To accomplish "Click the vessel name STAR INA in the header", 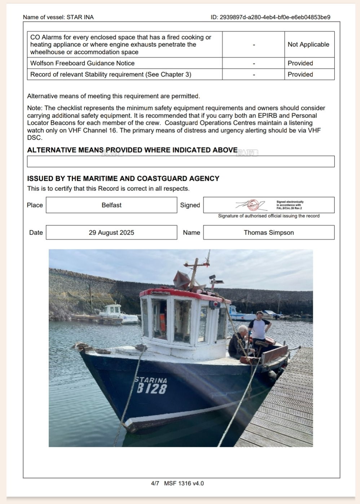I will tap(80, 17).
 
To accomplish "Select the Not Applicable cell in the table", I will tap(308, 44).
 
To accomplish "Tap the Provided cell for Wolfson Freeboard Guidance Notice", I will tap(300, 63).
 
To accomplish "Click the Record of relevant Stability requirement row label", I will tap(111, 74).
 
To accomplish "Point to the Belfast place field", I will tap(111, 205).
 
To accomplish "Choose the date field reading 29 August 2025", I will tap(111, 233).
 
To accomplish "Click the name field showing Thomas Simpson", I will tap(269, 233).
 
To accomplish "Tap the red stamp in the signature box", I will tap(253, 205).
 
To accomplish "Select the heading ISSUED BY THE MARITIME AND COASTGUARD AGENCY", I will tap(123, 179).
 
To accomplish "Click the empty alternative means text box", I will tap(181, 161).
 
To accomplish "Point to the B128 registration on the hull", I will tap(152, 389).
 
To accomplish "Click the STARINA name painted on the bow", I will tap(151, 380).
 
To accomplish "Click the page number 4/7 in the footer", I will tap(155, 483).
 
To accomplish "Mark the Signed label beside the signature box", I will tap(190, 205).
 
